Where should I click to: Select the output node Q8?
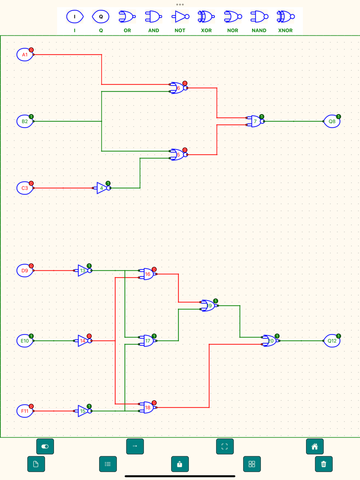point(332,122)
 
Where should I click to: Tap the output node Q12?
point(332,341)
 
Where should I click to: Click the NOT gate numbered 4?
point(102,188)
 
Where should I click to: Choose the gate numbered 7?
point(256,122)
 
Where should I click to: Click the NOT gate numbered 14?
point(83,341)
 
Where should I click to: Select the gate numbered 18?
point(148,408)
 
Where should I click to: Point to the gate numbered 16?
point(148,274)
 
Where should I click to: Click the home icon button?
point(315,446)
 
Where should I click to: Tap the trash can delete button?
point(323,464)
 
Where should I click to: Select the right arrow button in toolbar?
point(135,446)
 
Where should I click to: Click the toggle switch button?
point(45,446)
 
